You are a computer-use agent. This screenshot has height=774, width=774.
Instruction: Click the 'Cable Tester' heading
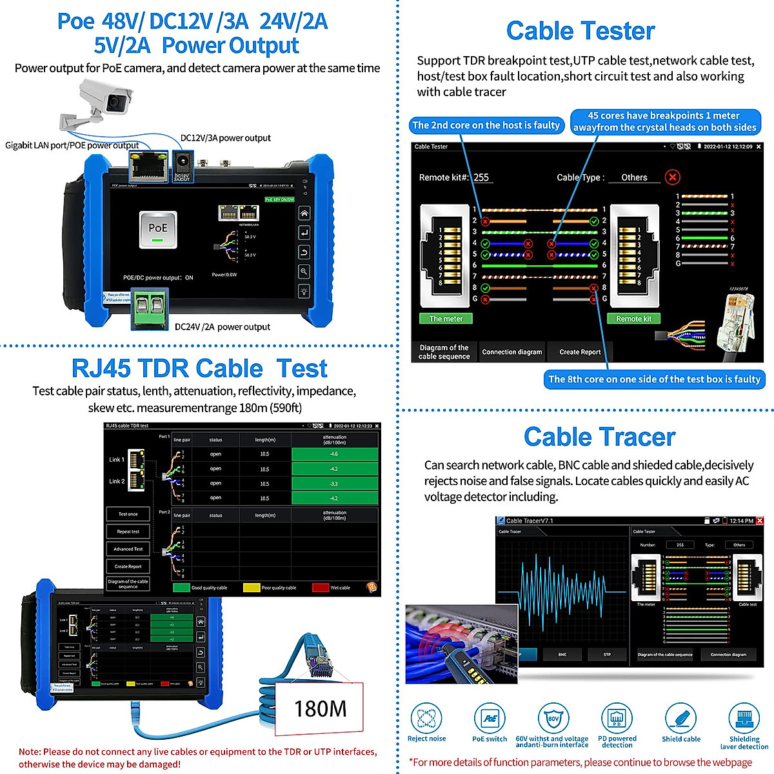[x=580, y=31]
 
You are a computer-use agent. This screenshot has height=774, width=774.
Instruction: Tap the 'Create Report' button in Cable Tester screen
[x=579, y=352]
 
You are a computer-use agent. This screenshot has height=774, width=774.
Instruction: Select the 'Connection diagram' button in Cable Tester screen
[x=511, y=352]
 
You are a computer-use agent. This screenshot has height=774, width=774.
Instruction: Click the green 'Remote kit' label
[x=633, y=319]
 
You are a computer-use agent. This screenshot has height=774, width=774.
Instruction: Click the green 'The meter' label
[x=446, y=319]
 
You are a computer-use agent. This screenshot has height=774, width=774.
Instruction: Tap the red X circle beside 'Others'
[x=672, y=177]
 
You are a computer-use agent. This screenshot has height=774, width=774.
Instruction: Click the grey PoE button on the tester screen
[x=158, y=230]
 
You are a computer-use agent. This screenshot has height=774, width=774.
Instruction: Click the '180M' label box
[x=320, y=709]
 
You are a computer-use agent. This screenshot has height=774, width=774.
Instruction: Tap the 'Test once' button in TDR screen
[x=128, y=514]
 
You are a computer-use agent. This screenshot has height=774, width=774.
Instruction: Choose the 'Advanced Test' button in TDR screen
[x=128, y=549]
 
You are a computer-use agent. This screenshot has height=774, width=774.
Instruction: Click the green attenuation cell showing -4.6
[x=334, y=454]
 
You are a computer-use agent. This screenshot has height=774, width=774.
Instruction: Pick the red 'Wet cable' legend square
[x=320, y=588]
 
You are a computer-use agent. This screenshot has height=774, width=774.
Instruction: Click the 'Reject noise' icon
[x=426, y=718]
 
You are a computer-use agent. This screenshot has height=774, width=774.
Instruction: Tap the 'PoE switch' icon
[x=490, y=718]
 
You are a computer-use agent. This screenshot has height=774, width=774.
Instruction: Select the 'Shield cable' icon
[x=680, y=718]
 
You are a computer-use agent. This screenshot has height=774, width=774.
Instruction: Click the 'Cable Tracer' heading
[x=599, y=437]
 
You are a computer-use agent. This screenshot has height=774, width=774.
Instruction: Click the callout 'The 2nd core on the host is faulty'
[x=486, y=125]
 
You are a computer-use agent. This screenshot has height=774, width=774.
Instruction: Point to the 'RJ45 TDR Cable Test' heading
[x=199, y=368]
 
